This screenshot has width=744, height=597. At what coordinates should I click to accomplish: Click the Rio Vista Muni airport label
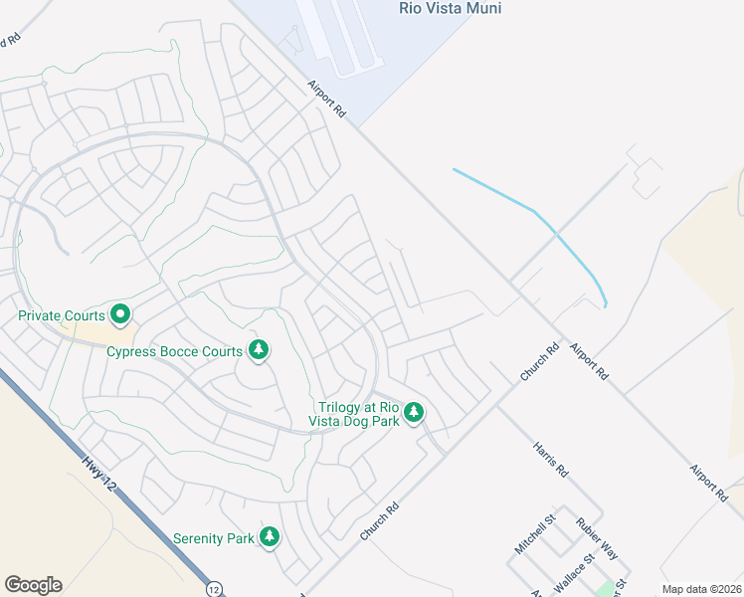point(450,9)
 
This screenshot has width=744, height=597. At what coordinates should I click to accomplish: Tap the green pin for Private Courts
point(120,315)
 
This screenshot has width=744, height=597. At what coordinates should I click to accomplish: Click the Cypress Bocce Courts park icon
point(259,350)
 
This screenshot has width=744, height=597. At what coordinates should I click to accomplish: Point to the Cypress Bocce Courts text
point(174,352)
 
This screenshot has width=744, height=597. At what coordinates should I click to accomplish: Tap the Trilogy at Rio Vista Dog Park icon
point(414,411)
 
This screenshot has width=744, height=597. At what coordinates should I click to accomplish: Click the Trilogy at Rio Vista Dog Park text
point(358,414)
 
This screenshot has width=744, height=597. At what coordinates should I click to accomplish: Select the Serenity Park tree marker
point(269,537)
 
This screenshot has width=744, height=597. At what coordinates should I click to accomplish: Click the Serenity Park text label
point(214,538)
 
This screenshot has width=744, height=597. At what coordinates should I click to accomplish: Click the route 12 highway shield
point(215,589)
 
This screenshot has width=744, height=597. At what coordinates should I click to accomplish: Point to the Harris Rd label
point(548,458)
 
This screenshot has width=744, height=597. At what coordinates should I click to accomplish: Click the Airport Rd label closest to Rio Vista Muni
point(325,100)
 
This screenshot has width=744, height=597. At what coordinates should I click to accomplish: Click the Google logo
point(33,585)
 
